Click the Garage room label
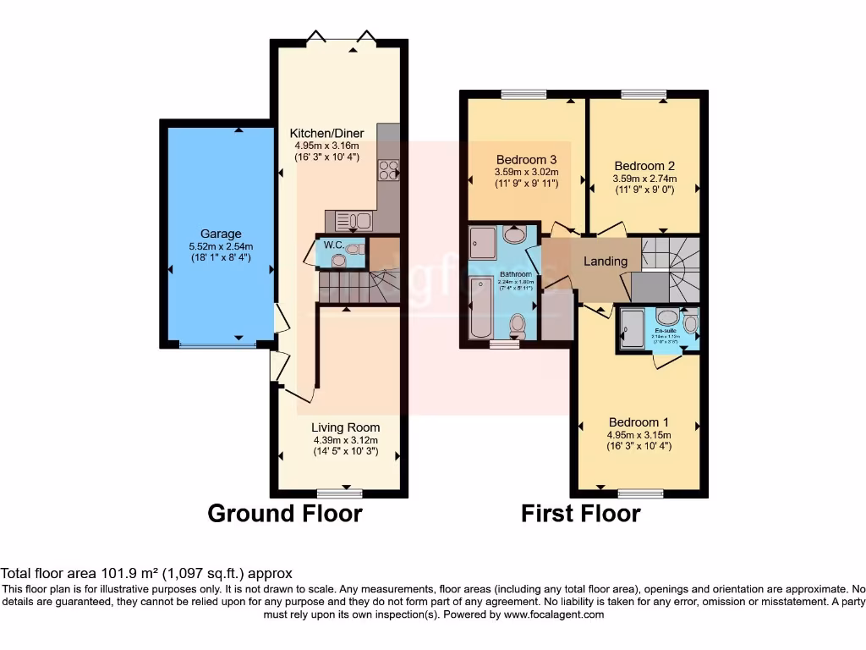(x=221, y=234)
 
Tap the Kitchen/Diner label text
(x=326, y=134)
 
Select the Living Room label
(x=345, y=427)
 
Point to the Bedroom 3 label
(x=526, y=159)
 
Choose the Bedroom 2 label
(x=644, y=166)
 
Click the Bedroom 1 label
(x=639, y=422)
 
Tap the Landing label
(x=606, y=261)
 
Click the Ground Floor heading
(x=285, y=513)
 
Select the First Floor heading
(x=580, y=513)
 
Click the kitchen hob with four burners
(x=388, y=170)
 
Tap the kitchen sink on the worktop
(x=354, y=221)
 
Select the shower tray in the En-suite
(x=632, y=328)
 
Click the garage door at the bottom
(x=217, y=344)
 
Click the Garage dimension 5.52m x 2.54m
(x=221, y=246)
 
